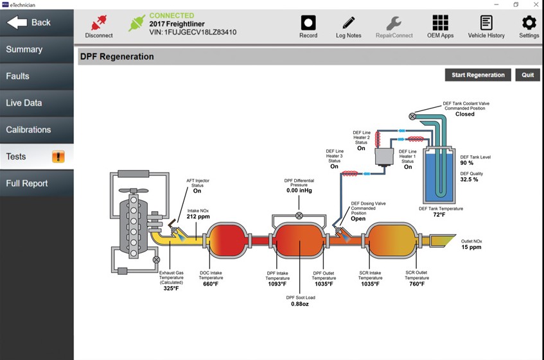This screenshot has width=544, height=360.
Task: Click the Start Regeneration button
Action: pos(478,75)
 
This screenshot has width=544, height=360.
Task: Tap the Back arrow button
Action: pos(30,22)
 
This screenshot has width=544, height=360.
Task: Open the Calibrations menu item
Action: pos(28,130)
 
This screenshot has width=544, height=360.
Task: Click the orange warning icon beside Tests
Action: pos(58,157)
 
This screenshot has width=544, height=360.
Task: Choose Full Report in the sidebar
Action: pos(27,184)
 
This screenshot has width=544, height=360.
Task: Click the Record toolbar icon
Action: pos(308,22)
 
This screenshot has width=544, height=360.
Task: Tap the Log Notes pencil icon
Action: pos(349,22)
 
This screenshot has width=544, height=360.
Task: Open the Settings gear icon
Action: pos(529,22)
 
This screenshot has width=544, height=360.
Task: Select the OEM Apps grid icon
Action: pos(440,22)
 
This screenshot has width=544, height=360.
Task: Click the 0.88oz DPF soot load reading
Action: pos(301,304)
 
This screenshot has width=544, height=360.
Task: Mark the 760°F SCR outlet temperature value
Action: pos(416,284)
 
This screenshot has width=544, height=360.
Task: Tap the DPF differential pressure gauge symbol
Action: pos(299,216)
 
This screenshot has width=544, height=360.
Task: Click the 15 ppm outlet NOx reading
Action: pos(472,248)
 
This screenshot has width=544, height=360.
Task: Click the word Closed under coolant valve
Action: pos(464,114)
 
